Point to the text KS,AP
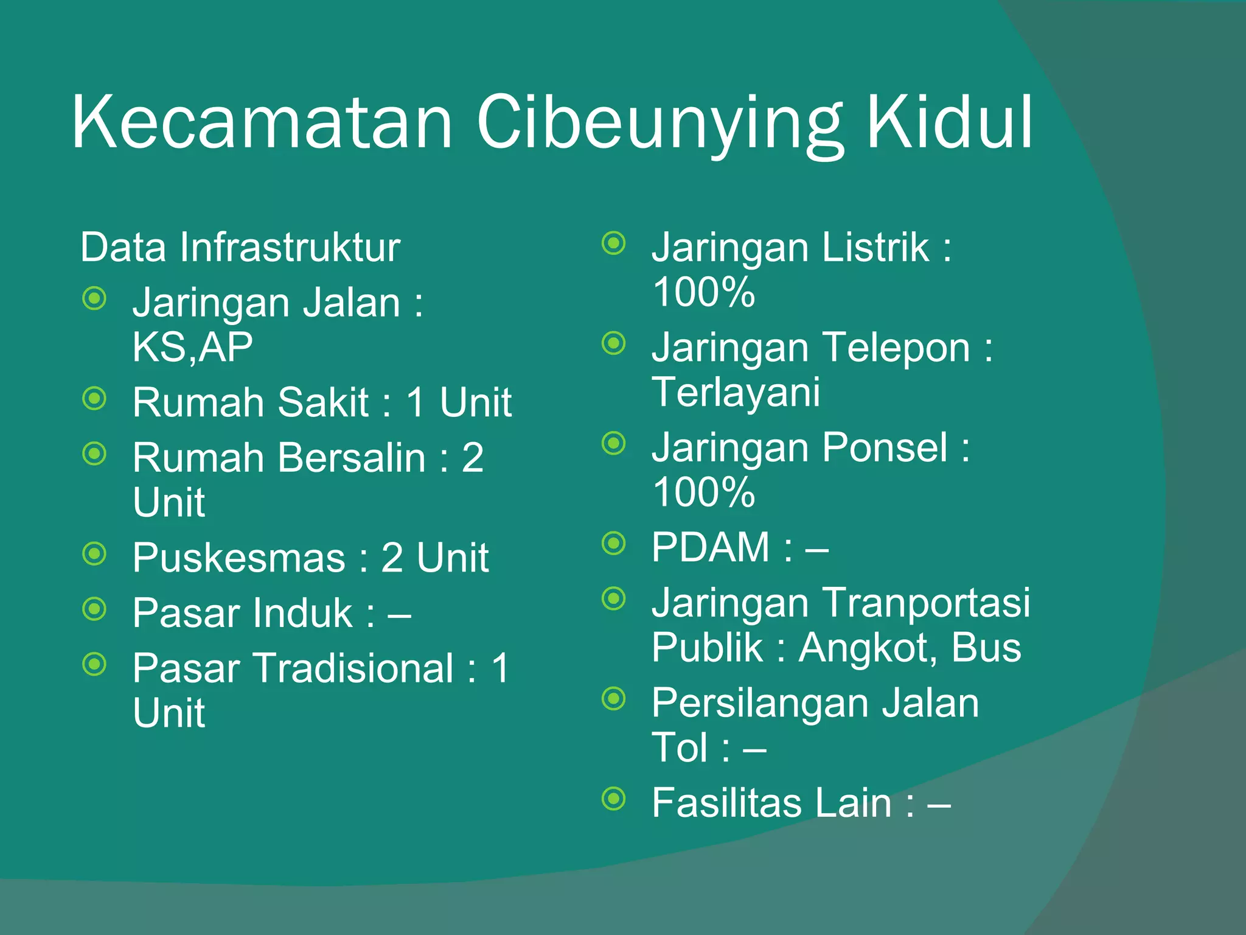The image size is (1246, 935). click(x=192, y=347)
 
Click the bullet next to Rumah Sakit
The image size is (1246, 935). click(x=94, y=399)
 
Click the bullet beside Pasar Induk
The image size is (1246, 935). click(x=94, y=609)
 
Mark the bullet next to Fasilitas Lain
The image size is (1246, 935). click(x=614, y=797)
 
